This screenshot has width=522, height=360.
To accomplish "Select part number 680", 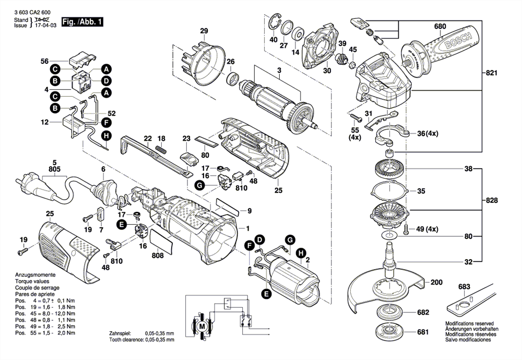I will click(440, 27).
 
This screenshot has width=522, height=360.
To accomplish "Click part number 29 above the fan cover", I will click(204, 30).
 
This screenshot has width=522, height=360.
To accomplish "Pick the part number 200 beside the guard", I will click(436, 282).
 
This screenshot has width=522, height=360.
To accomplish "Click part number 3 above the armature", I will click(279, 71).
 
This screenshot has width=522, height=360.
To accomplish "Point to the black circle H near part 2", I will click(301, 253).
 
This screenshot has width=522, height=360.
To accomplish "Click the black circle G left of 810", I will click(200, 184).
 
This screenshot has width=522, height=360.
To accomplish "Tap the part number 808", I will click(158, 256).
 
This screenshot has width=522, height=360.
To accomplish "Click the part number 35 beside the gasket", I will click(421, 191).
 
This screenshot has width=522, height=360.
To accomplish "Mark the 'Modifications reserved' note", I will click(469, 324).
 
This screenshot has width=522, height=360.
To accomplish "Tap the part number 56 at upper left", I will click(45, 61).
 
